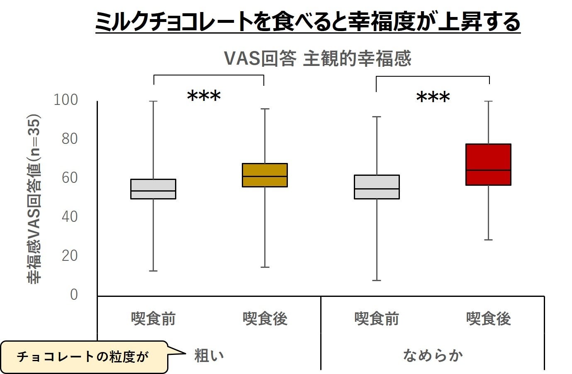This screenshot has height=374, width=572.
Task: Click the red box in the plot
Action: point(488,164)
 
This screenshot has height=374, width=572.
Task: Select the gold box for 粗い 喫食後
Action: point(265,175)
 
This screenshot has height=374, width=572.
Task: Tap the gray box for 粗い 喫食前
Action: point(153,189)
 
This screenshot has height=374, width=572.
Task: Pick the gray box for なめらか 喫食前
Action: point(377,187)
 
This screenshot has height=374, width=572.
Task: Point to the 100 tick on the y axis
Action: point(66,100)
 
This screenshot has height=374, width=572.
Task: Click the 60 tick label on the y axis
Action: point(69,177)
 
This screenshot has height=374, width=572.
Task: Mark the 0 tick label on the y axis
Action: point(74,294)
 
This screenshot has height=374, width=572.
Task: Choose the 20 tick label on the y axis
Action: point(69,255)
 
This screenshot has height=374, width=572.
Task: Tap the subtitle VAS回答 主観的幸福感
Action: point(317,58)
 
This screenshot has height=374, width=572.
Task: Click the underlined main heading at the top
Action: point(307,22)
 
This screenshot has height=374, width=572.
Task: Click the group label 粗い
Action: point(209,355)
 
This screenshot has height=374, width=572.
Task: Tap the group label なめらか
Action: point(433,355)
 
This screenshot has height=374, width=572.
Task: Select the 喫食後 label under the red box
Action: point(488,319)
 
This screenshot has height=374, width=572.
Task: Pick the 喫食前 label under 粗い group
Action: point(153,319)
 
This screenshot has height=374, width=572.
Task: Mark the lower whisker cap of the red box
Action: point(488,240)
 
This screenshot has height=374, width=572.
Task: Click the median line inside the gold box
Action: point(265,176)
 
